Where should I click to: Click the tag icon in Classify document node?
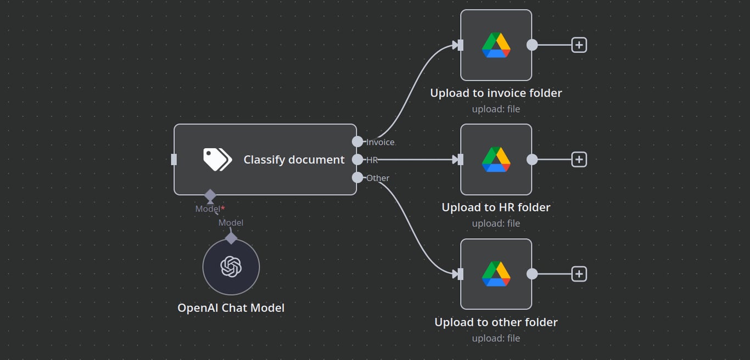(217, 160)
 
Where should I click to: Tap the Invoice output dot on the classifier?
(357, 142)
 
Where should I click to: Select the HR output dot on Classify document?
(357, 160)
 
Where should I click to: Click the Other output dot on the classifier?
(357, 177)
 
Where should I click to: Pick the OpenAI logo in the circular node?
(231, 267)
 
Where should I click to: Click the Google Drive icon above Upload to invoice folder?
(496, 45)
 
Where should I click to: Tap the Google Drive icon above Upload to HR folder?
(496, 160)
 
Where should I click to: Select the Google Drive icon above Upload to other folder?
(496, 274)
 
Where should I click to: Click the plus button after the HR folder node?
(579, 160)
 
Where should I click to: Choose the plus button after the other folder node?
(579, 274)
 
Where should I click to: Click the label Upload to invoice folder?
(496, 93)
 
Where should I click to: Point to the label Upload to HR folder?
(496, 207)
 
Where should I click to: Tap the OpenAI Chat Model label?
(231, 308)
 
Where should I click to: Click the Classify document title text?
(294, 160)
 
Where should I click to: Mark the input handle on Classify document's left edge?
(174, 160)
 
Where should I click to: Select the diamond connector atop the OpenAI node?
(231, 238)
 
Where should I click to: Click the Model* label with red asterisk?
(210, 209)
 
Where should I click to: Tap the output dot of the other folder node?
(532, 274)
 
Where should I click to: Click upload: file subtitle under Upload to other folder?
(496, 338)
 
